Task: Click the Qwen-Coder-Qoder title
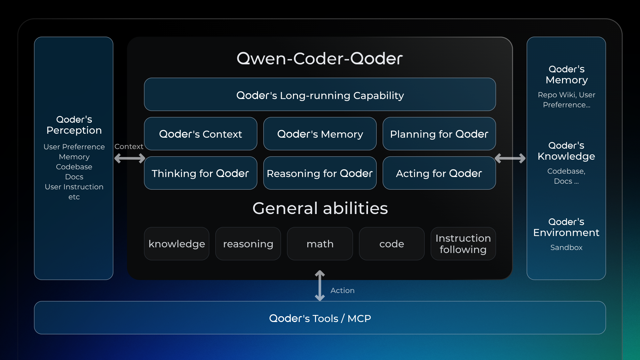pyautogui.click(x=320, y=59)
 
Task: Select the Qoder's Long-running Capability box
pyautogui.click(x=320, y=95)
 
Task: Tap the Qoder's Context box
pyautogui.click(x=200, y=134)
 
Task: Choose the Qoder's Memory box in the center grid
pyautogui.click(x=320, y=134)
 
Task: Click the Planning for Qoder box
pyautogui.click(x=439, y=134)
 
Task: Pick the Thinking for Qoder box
pyautogui.click(x=200, y=173)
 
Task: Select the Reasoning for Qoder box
pyautogui.click(x=320, y=173)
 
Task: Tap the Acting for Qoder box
pyautogui.click(x=439, y=173)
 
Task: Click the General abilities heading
pyautogui.click(x=320, y=208)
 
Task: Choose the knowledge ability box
pyautogui.click(x=177, y=244)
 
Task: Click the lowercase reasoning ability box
pyautogui.click(x=248, y=244)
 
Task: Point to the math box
pyautogui.click(x=320, y=244)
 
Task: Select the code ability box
pyautogui.click(x=391, y=244)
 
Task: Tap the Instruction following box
pyautogui.click(x=463, y=244)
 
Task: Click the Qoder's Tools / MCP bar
pyautogui.click(x=320, y=318)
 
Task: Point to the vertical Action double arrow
pyautogui.click(x=320, y=286)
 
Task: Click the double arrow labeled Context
pyautogui.click(x=130, y=158)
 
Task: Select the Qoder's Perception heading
pyautogui.click(x=74, y=125)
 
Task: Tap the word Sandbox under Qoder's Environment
pyautogui.click(x=566, y=248)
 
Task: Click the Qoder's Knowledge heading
pyautogui.click(x=566, y=151)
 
